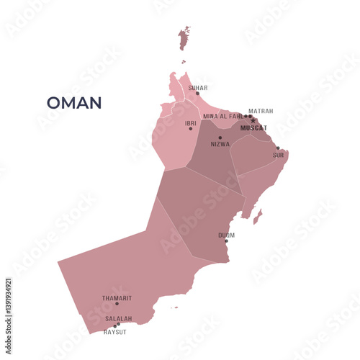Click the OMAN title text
tap(74, 103)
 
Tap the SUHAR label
tap(198, 88)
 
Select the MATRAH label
tap(261, 111)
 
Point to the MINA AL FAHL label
tap(222, 116)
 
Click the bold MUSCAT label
tap(253, 128)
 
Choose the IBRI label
tap(190, 123)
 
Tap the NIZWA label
tap(220, 144)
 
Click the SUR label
tap(278, 155)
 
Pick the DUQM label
tap(226, 235)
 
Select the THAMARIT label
tap(117, 297)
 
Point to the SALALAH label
tap(119, 318)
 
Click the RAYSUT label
tap(115, 332)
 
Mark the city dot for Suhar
tap(198, 94)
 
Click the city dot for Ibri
tap(191, 129)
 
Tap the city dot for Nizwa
tap(220, 138)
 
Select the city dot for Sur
tap(278, 148)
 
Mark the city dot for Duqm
tap(226, 240)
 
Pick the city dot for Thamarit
tap(117, 303)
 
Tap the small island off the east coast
tap(258, 215)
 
